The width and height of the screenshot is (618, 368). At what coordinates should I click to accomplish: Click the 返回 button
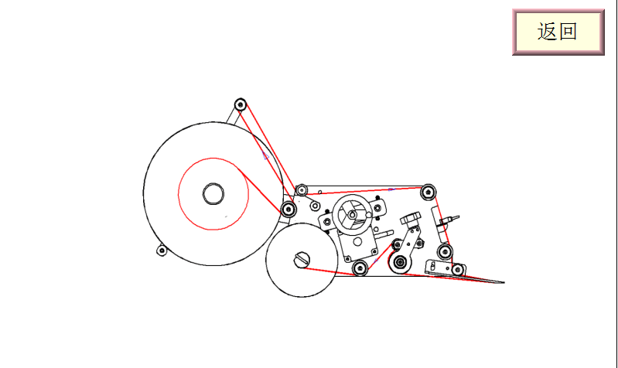click(558, 32)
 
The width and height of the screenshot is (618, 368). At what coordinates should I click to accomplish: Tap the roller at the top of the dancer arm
click(241, 105)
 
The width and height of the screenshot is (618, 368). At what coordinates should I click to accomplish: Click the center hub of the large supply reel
click(213, 193)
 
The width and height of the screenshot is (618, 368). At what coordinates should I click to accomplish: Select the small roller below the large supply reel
click(162, 250)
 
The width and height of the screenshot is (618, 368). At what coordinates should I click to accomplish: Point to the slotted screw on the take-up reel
click(302, 260)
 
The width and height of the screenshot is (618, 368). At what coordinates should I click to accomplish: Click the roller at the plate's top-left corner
click(302, 190)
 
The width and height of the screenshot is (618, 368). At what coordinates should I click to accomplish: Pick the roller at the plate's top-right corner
click(428, 193)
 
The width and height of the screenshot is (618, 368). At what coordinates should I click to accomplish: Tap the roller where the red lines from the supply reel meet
click(289, 209)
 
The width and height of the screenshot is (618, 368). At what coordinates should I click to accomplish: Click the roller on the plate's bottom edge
click(360, 268)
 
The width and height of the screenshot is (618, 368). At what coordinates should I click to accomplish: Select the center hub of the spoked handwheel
click(353, 215)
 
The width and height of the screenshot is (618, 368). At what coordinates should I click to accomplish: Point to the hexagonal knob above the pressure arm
click(411, 218)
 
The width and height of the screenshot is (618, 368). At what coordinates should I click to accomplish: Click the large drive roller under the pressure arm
click(400, 261)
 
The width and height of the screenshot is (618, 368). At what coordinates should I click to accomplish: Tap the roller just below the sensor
click(445, 251)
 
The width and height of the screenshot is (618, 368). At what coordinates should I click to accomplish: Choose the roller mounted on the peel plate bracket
click(458, 270)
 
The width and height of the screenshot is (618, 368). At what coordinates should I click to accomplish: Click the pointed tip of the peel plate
click(504, 282)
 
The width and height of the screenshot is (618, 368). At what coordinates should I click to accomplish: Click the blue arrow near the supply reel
click(265, 155)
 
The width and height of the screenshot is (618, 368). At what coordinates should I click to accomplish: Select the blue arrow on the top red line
click(391, 189)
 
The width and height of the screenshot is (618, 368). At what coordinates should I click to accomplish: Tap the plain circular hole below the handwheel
click(357, 241)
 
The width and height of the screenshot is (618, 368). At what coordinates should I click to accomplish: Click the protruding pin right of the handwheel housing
click(384, 234)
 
